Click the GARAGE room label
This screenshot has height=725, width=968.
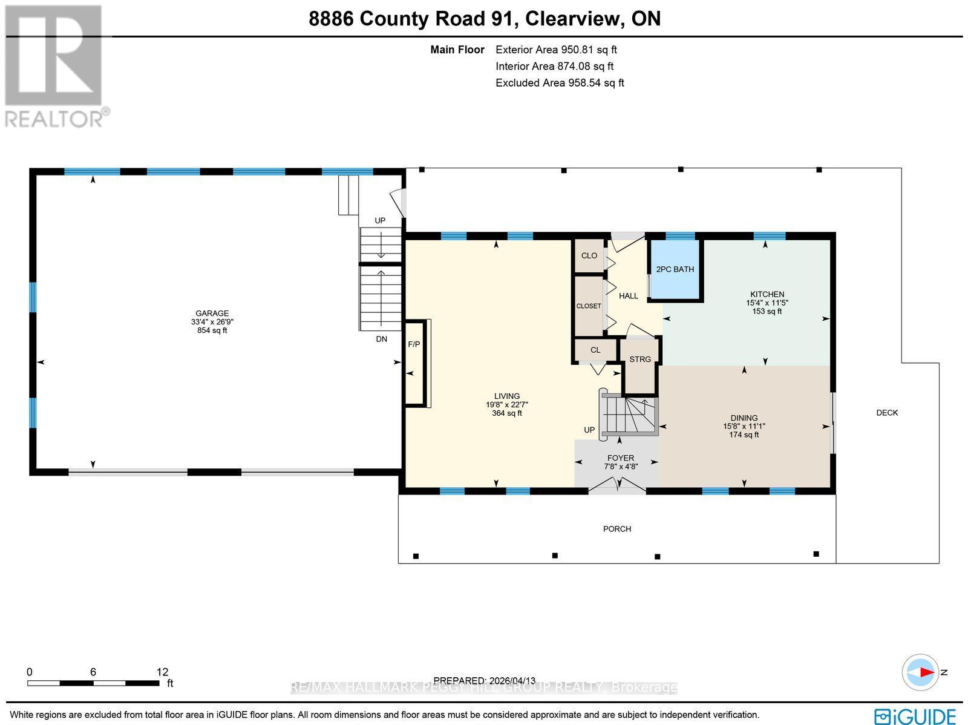(212, 313)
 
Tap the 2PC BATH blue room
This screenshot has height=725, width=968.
(675, 270)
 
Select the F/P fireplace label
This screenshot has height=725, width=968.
(414, 344)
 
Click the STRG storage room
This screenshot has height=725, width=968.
(640, 359)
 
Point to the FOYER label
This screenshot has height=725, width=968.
(620, 458)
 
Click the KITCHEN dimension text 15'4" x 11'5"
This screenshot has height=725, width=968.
(767, 303)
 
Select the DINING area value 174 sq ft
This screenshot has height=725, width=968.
(744, 435)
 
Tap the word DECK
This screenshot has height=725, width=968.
(887, 413)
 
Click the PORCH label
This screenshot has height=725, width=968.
(616, 529)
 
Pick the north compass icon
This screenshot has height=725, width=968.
(920, 672)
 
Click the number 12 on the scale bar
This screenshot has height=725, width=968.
(162, 672)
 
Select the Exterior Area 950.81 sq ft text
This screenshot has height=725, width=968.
(556, 50)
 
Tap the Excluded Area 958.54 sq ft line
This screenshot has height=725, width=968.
(559, 83)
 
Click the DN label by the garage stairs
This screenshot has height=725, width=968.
(381, 339)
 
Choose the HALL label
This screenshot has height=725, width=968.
(629, 296)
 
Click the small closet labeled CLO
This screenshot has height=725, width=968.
(589, 255)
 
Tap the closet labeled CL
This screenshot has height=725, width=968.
(595, 350)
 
